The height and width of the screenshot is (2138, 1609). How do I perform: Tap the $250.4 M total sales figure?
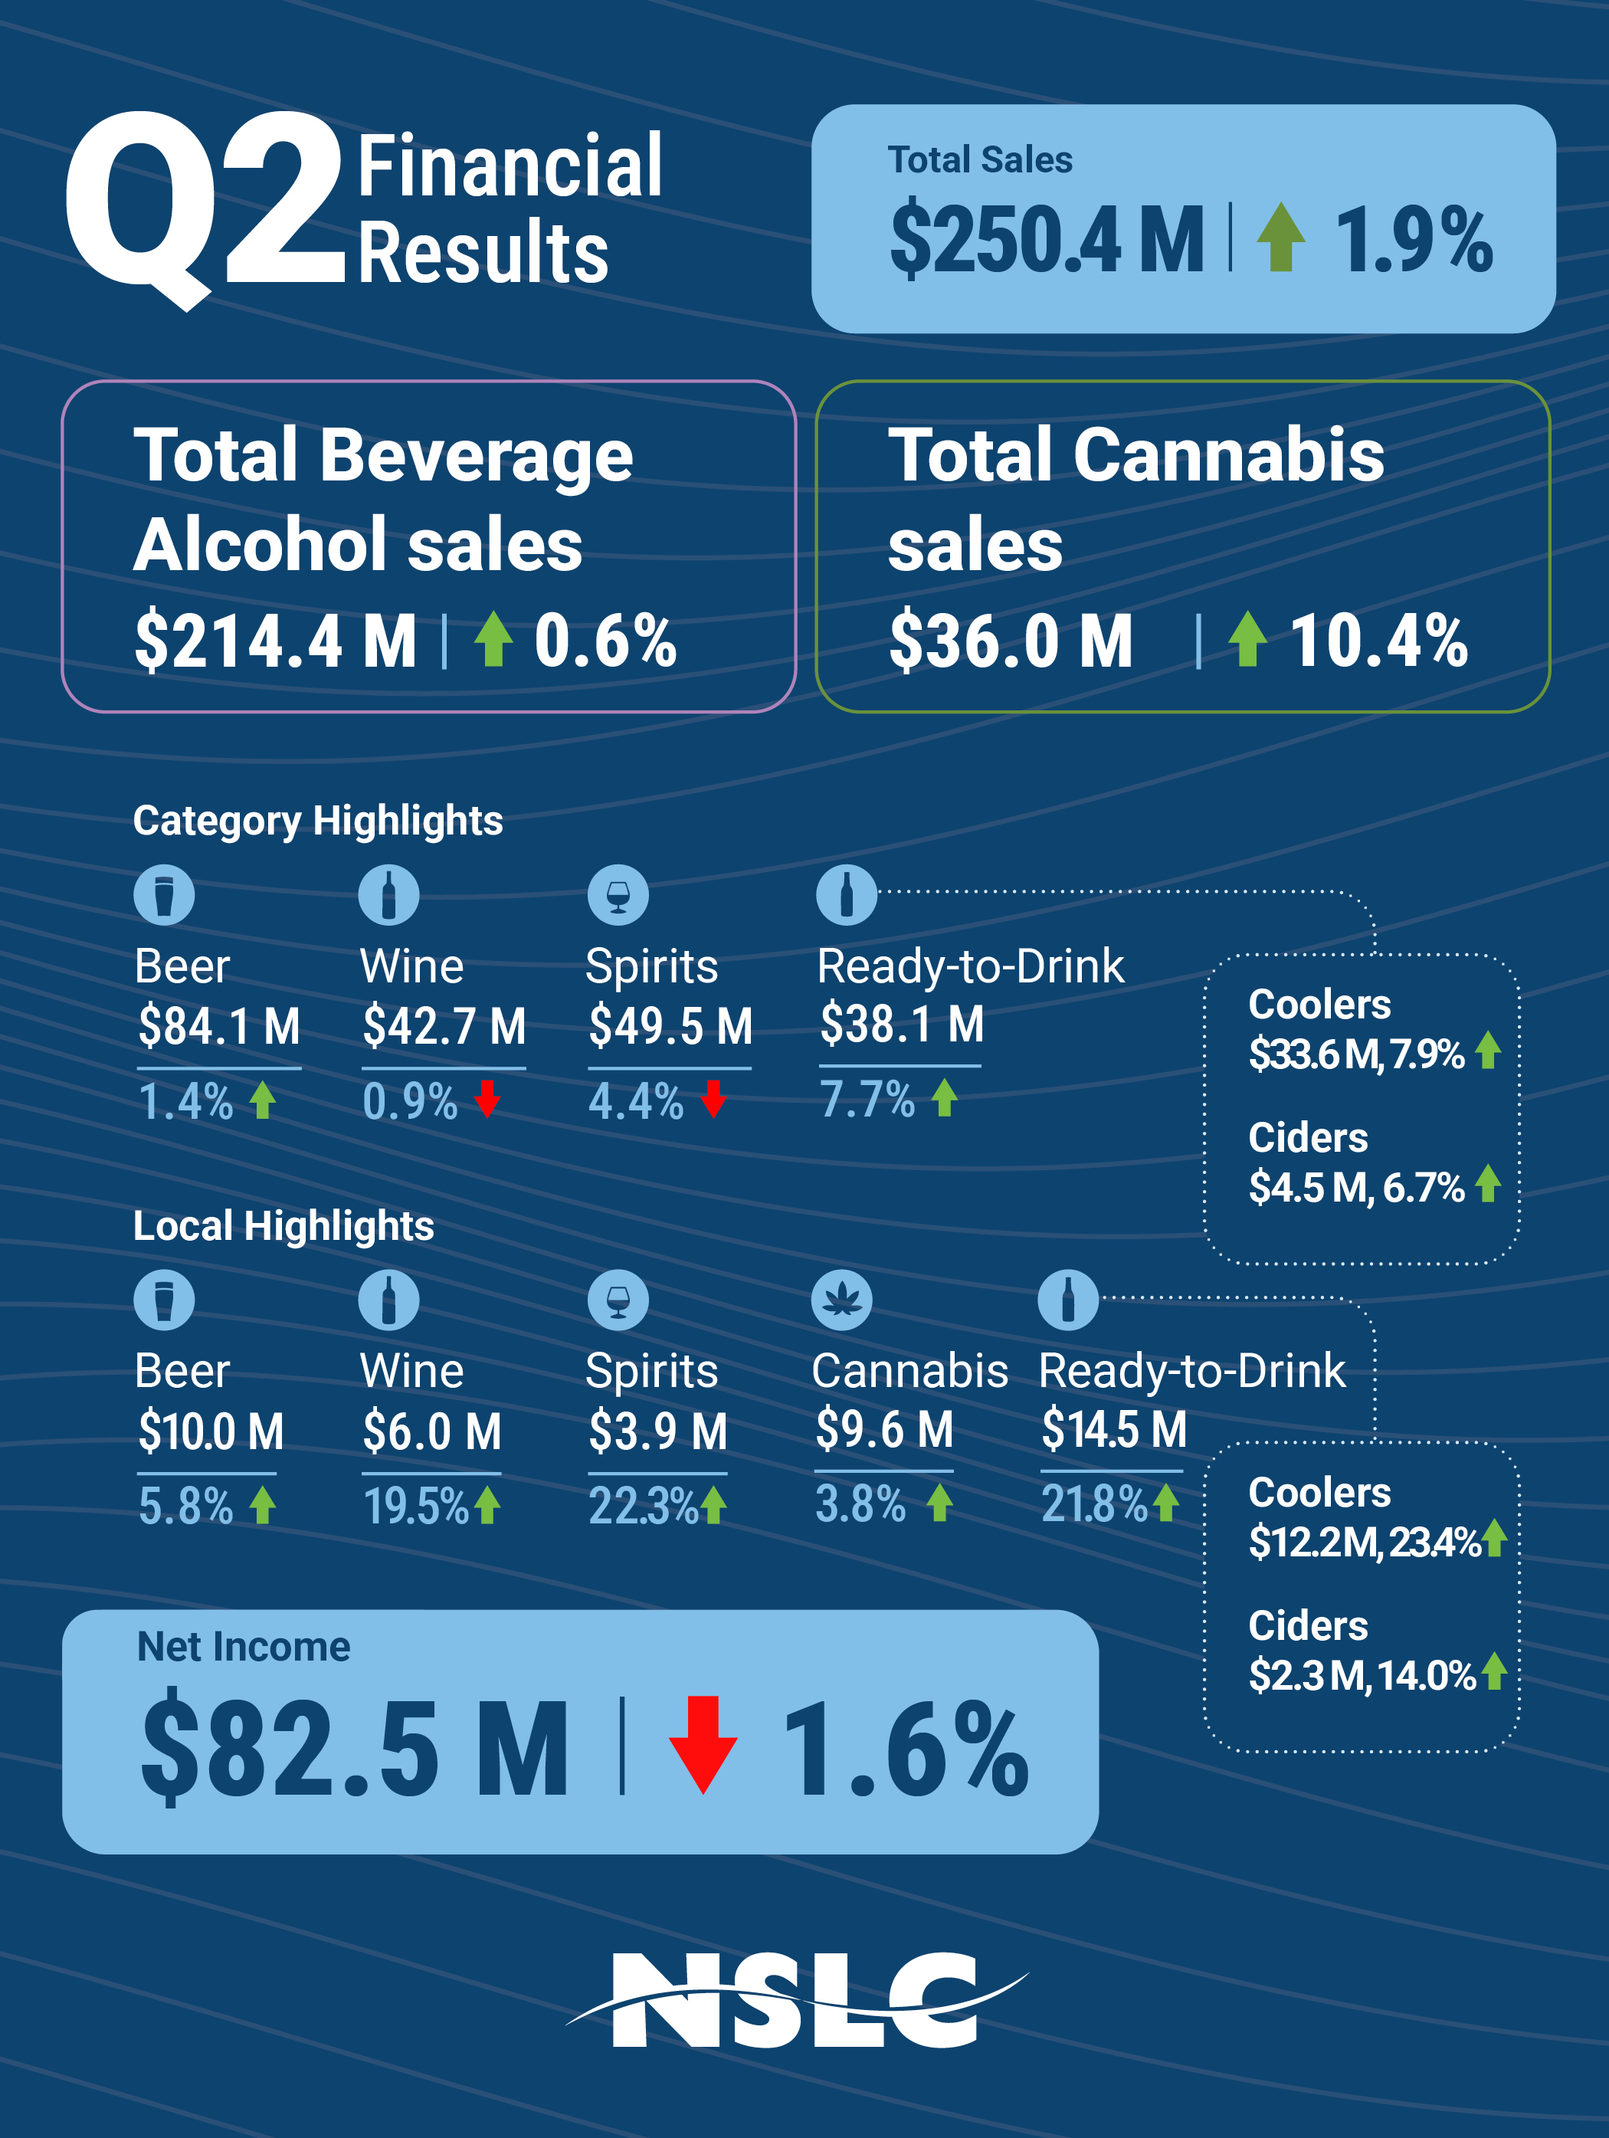point(1046,239)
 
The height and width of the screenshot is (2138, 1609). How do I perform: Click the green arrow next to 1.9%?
point(1280,237)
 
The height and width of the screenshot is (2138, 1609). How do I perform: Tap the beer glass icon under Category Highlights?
point(163,895)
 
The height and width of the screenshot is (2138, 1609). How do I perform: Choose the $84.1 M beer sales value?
point(218,1025)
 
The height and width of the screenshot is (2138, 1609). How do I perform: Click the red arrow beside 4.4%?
point(713,1099)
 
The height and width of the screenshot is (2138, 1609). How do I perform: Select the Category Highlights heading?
point(318,821)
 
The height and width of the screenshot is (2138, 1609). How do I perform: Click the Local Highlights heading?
point(283,1225)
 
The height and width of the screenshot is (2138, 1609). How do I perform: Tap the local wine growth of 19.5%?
point(415,1506)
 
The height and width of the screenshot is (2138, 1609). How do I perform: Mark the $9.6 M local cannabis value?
point(883,1429)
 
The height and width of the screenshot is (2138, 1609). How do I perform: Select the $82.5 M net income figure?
point(355,1749)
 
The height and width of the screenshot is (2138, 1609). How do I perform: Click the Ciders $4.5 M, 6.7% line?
point(1356,1187)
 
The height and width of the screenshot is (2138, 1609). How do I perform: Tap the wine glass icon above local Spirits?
point(618,1300)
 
